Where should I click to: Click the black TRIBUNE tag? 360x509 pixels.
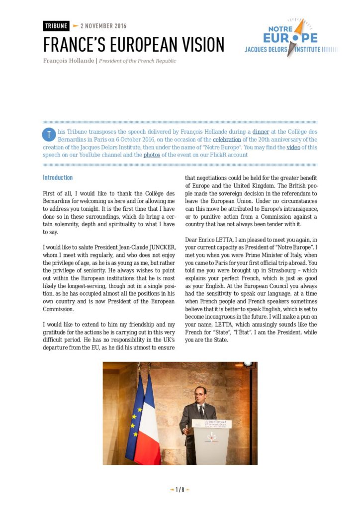(x=56, y=26)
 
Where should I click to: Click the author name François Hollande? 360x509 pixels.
(x=69, y=61)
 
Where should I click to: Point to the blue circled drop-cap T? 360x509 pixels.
(x=48, y=134)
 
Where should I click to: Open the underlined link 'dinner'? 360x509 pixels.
(x=261, y=132)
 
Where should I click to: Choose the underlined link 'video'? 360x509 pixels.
(x=293, y=148)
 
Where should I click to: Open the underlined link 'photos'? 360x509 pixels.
(x=152, y=155)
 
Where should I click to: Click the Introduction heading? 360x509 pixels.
(x=58, y=177)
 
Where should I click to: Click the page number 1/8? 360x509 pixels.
(x=180, y=490)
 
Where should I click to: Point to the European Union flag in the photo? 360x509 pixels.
(x=135, y=418)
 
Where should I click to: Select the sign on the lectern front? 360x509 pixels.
(x=211, y=424)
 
